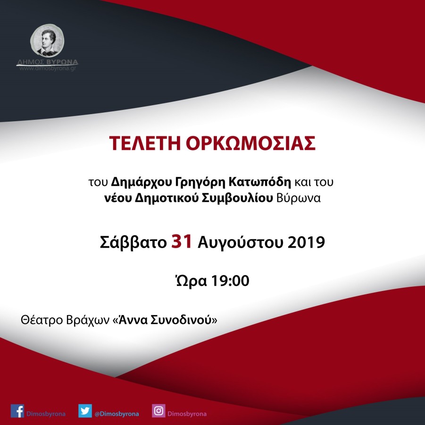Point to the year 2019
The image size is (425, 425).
coord(306,243)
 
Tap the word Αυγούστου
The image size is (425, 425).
coord(241,243)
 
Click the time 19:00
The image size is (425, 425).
coord(229,282)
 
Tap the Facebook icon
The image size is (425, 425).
coord(17,411)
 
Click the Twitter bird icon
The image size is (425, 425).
coord(85,411)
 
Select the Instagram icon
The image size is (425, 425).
coord(158,411)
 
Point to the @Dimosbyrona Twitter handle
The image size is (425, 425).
coord(117,414)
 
